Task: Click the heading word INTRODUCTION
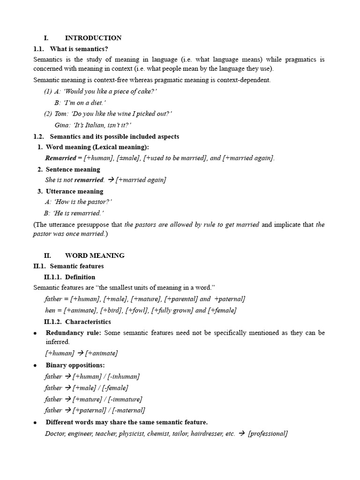coord(93,38)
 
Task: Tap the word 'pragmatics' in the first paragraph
coord(297,60)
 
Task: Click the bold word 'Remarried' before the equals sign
coord(60,158)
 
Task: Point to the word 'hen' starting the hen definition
coord(50,310)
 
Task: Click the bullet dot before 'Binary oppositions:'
coord(35,366)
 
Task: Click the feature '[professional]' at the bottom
coord(268,434)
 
